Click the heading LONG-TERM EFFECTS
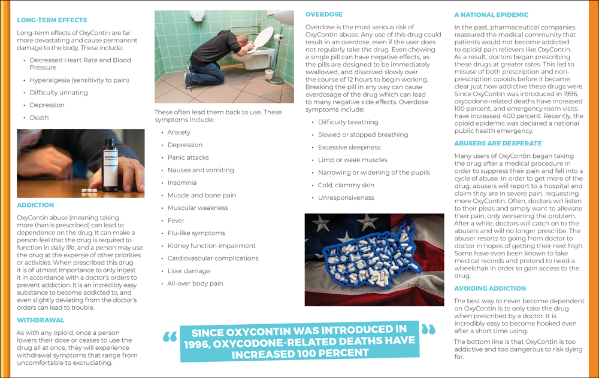pos(52,20)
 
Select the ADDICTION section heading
pos(35,205)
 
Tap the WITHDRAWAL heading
pos(40,320)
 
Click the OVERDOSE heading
pos(324,14)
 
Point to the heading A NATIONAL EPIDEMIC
pos(491,14)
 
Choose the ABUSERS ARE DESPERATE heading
pos(498,144)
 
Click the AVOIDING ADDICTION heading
pos(494,288)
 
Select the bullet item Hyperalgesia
pos(79,80)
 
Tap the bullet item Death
pos(39,118)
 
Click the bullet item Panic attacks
pos(188,158)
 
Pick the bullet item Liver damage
pos(189,271)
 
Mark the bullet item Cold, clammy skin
pos(346,185)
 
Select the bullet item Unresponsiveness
pos(346,198)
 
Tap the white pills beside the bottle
pos(89,191)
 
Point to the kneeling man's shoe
pos(189,81)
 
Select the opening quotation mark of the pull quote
pos(170,337)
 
